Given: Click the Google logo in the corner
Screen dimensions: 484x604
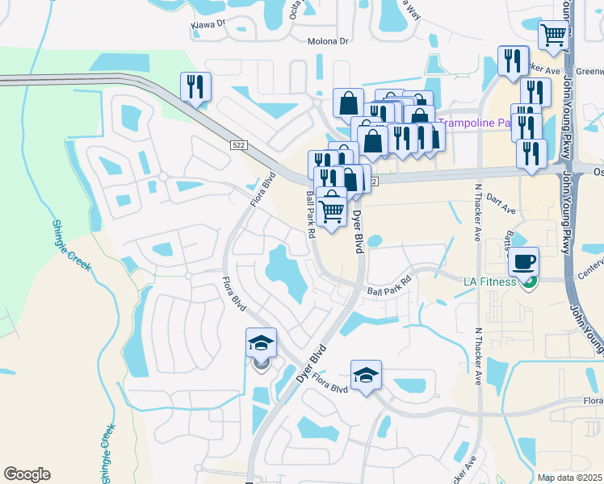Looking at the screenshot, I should (x=27, y=474).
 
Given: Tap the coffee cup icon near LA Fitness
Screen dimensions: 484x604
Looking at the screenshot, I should (x=523, y=261).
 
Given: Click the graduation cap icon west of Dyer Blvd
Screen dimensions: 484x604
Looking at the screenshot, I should (x=261, y=343).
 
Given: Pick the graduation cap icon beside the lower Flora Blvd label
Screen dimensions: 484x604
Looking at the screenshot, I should (x=366, y=374).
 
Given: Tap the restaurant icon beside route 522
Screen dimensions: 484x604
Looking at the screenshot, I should (x=195, y=86).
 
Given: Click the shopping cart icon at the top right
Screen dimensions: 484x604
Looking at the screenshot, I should (x=553, y=35).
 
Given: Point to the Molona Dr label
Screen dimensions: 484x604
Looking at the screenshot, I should (x=326, y=41).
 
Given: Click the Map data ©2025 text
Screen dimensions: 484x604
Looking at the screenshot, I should (x=570, y=478).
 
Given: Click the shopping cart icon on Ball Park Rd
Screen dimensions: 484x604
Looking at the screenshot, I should (x=331, y=211).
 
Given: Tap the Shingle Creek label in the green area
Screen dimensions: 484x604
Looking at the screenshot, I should (x=70, y=245).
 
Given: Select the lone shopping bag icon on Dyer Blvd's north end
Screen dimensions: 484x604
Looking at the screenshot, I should (x=348, y=103).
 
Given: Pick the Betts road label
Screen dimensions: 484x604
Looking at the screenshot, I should (x=508, y=239).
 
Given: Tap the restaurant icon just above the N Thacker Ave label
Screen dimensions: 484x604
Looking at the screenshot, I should (x=513, y=60).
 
